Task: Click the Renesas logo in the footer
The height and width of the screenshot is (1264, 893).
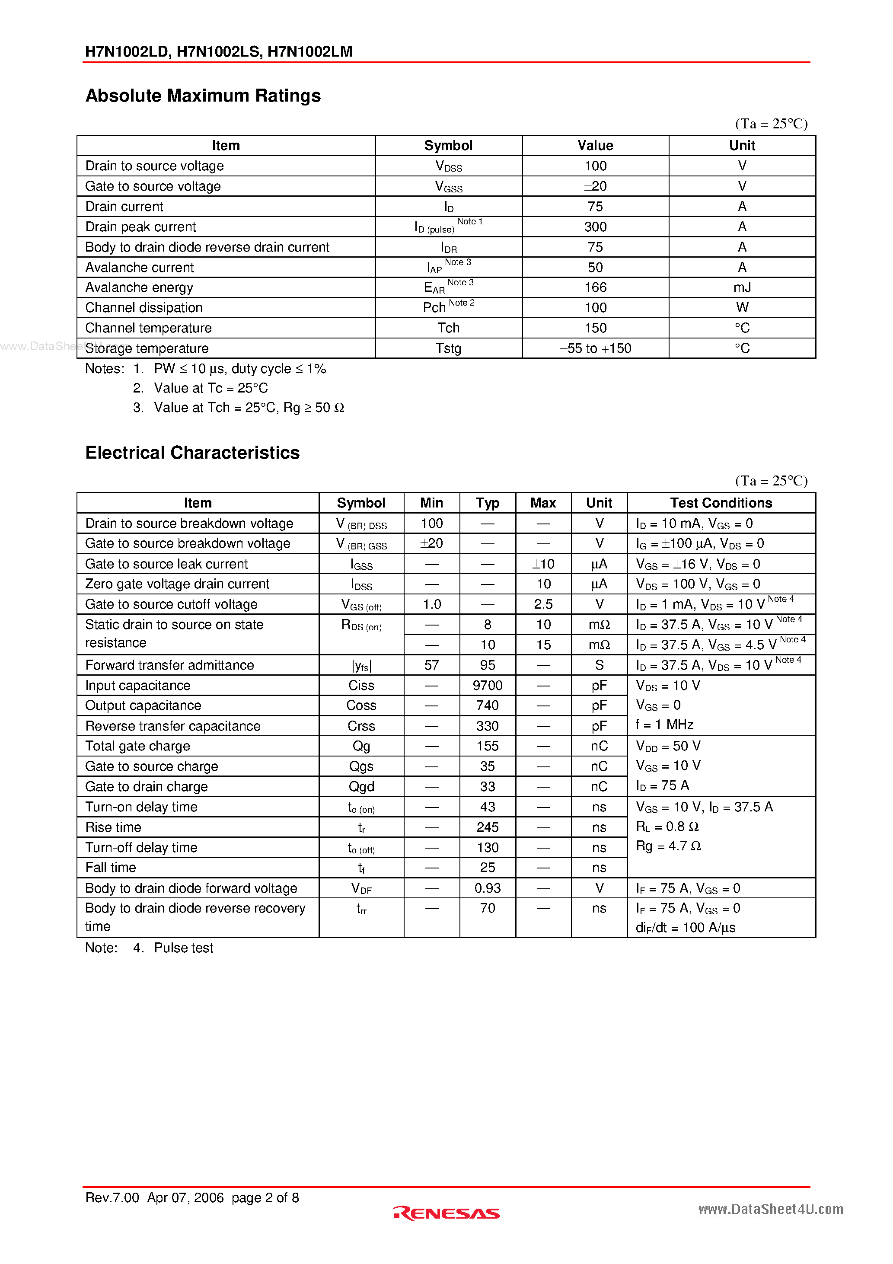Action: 446,1213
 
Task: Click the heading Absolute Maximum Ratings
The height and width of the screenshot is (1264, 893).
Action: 203,96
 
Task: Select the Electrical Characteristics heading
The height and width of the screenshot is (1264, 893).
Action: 192,453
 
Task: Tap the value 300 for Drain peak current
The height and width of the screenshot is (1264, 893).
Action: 595,227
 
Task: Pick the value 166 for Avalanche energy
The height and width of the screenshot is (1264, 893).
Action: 595,287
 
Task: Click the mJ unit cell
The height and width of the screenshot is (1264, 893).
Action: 742,287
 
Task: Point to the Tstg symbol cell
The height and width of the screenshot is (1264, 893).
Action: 448,348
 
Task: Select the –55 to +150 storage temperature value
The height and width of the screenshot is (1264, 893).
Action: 595,348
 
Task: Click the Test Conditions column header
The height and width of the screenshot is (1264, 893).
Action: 721,503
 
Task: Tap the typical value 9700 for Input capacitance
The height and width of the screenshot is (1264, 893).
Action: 487,686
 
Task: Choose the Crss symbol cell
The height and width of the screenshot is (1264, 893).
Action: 361,726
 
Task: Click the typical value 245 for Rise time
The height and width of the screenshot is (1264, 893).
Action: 487,827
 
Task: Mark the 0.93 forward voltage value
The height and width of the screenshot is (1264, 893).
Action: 487,888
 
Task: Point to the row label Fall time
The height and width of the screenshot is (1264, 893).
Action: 111,868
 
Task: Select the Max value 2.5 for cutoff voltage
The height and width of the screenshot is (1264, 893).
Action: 543,604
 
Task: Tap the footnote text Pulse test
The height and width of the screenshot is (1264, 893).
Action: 183,948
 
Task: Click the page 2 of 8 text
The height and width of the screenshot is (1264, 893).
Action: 265,1197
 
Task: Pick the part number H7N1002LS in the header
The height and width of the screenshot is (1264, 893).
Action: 218,52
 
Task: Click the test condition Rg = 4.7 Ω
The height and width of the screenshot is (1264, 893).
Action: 668,846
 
